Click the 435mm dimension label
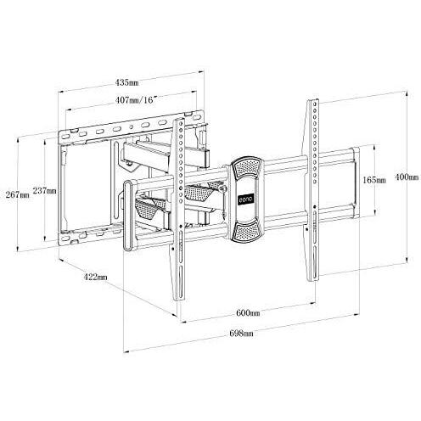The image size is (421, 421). (x=126, y=82)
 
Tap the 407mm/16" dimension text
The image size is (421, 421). (x=136, y=100)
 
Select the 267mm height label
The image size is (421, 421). (x=18, y=194)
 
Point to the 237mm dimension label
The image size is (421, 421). (x=45, y=190)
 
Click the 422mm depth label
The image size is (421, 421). (x=95, y=277)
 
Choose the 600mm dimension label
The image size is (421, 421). (x=248, y=313)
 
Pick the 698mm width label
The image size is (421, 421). (x=241, y=334)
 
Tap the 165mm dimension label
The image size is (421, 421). (x=374, y=180)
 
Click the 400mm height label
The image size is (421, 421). (x=407, y=177)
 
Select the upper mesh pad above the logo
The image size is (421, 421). (x=246, y=167)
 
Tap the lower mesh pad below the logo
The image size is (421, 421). (x=246, y=230)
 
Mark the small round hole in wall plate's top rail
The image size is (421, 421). (x=131, y=127)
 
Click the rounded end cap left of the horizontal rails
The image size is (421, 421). (x=128, y=216)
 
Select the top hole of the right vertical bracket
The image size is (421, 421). (x=315, y=104)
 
